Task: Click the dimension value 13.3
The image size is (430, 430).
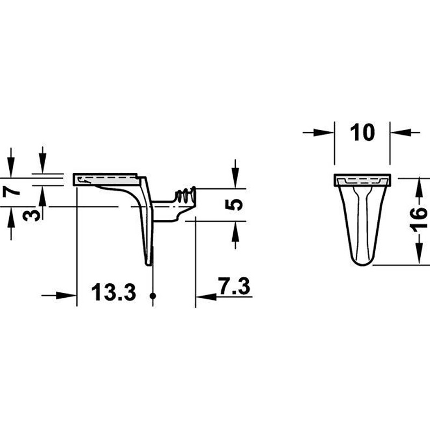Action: [x=113, y=292]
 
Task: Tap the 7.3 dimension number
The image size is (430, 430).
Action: [x=234, y=286]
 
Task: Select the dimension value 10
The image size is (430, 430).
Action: [x=362, y=132]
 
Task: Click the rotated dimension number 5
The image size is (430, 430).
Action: [x=234, y=205]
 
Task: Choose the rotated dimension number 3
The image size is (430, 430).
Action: [x=31, y=214]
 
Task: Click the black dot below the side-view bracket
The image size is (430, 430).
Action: [x=153, y=296]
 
